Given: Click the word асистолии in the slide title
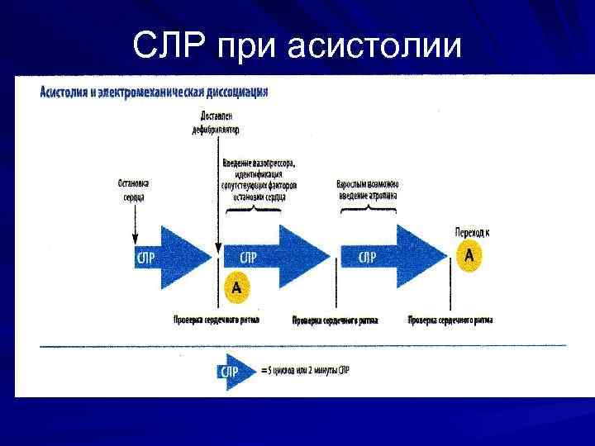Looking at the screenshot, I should tap(375, 47).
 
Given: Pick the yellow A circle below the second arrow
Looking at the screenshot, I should tap(236, 287).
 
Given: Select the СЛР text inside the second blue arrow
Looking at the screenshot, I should tap(247, 258).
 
